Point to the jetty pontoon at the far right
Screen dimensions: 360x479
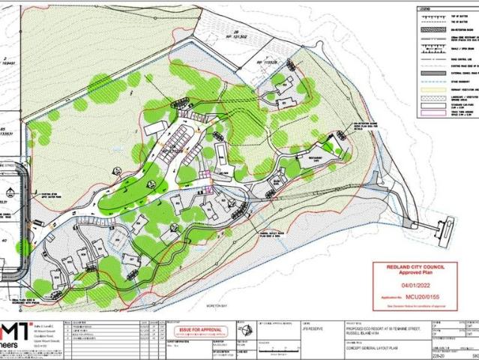click(x=448, y=224)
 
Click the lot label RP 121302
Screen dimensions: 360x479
click(x=219, y=34)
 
